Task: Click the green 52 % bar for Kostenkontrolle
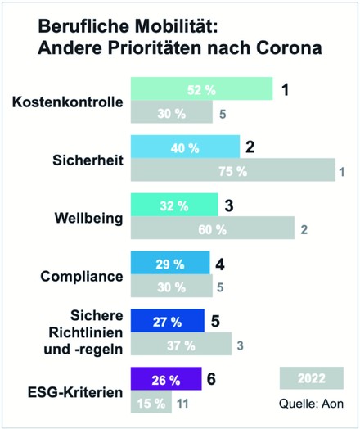click(x=201, y=89)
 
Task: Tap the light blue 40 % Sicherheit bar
click(x=185, y=148)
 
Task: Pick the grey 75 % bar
click(x=233, y=171)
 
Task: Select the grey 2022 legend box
click(x=310, y=378)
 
